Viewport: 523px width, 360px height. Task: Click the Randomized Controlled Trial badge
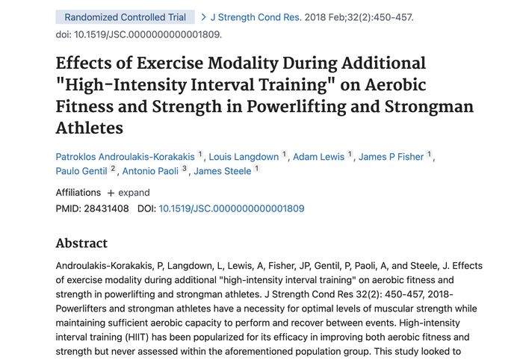[x=125, y=17]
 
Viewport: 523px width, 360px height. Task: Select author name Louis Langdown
[x=244, y=157]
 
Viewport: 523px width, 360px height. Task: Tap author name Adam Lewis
[x=318, y=157]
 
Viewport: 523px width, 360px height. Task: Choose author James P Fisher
[x=391, y=157]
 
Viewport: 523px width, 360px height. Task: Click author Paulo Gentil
[x=81, y=171]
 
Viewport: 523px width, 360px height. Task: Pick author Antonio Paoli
[x=152, y=171]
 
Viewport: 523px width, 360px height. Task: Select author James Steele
[x=222, y=171]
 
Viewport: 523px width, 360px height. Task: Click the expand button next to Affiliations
[x=129, y=193]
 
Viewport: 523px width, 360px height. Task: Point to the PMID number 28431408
[x=109, y=209]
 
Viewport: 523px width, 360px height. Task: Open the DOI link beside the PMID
[x=232, y=209]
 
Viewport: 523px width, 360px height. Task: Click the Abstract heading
[x=81, y=243]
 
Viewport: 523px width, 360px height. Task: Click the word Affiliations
[x=78, y=193]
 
